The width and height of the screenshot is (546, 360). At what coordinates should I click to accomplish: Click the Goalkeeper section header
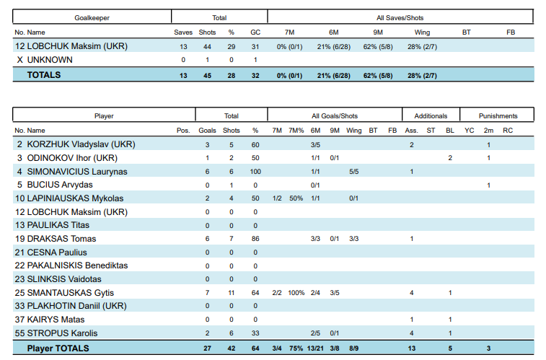click(92, 17)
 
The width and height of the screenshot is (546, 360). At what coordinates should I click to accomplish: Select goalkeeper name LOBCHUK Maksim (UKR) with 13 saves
click(77, 46)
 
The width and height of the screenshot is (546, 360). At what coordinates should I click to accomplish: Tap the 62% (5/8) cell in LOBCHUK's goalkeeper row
click(378, 46)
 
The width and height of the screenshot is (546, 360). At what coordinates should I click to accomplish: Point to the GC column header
click(255, 32)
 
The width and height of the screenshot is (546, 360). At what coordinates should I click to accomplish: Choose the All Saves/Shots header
click(400, 17)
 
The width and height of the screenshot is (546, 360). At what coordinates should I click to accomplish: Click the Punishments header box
click(498, 115)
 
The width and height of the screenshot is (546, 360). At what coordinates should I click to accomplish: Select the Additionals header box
click(431, 115)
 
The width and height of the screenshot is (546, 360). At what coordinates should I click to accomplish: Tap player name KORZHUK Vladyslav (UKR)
click(81, 144)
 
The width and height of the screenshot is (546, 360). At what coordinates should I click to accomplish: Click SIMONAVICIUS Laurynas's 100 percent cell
click(255, 172)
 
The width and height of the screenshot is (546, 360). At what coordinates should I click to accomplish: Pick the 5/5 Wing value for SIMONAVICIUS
click(353, 172)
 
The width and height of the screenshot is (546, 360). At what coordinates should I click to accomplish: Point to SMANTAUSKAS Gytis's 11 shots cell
click(232, 293)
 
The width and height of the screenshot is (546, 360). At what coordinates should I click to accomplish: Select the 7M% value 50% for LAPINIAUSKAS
click(296, 198)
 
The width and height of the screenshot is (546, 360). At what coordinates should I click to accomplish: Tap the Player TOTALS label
click(58, 348)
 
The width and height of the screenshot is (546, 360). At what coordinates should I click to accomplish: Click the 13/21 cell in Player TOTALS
click(315, 348)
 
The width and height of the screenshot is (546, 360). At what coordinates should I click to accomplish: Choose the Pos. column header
click(183, 131)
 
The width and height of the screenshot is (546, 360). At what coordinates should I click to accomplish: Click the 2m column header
click(488, 131)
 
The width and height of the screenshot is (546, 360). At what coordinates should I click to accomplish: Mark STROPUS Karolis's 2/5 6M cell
click(315, 333)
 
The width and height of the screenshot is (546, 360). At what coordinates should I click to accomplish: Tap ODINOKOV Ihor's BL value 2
click(450, 158)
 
